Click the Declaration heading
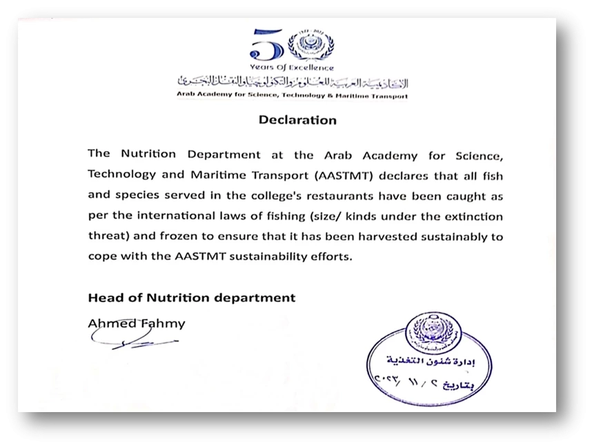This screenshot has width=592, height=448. point(297,120)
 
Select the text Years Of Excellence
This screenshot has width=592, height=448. point(293,68)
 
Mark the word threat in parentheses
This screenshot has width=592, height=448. point(105,237)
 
